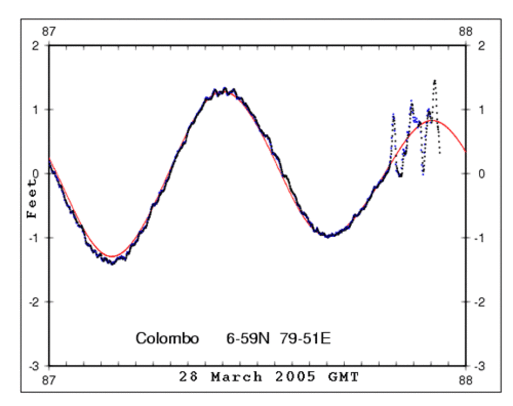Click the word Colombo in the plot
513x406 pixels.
coord(167,339)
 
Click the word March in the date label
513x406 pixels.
coord(237,377)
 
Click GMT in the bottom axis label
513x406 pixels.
coord(342,377)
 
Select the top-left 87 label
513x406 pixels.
coord(49,32)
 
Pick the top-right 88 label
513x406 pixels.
coord(466,32)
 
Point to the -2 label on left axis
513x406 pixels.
coord(35,302)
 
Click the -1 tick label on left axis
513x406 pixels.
coord(35,238)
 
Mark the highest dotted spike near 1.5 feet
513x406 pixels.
coord(435,81)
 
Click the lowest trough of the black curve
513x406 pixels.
coord(113,262)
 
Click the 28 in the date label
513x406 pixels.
coord(190,377)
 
